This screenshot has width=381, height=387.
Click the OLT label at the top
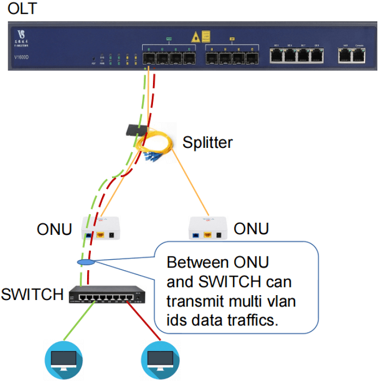tap(20, 9)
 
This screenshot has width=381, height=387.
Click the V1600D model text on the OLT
tap(24, 55)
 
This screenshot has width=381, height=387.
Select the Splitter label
tap(207, 143)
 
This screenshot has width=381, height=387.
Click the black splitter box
tap(135, 130)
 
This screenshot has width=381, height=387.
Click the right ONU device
tap(207, 228)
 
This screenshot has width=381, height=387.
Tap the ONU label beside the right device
tap(251, 229)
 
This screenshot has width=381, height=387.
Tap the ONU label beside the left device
tap(54, 229)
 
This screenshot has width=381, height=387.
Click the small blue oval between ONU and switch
tap(86, 263)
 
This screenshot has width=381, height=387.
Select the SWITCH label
tap(32, 295)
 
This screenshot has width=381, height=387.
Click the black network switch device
tap(108, 295)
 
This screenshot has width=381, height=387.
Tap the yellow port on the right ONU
tap(206, 235)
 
